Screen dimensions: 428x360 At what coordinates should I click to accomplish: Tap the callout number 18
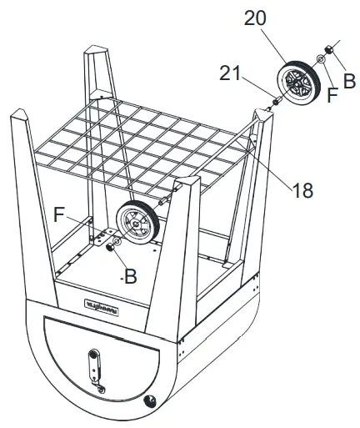click(303, 190)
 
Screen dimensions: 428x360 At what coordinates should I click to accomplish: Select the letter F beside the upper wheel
click(332, 95)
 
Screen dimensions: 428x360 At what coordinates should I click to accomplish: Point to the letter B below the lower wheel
click(129, 278)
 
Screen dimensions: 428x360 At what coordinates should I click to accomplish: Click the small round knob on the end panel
click(152, 401)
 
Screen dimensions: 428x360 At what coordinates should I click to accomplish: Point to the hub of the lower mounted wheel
click(133, 224)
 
